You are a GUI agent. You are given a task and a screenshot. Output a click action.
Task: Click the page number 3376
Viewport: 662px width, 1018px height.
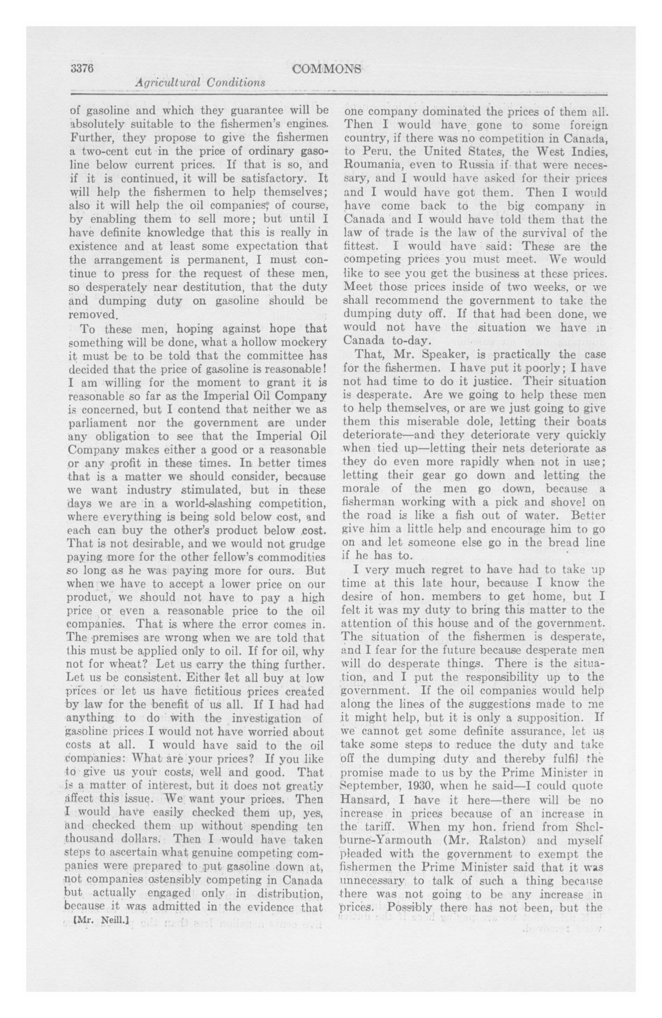[81, 69]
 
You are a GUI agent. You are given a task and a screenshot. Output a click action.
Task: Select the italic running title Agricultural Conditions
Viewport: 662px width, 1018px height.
[200, 83]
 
